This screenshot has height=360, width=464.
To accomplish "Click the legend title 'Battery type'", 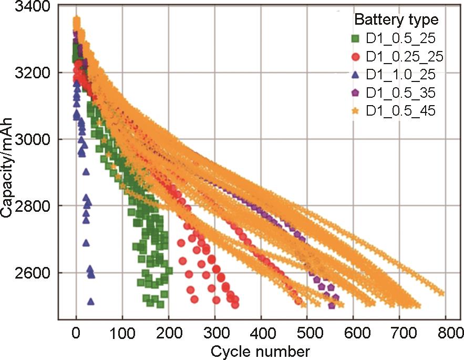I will pyautogui.click(x=396, y=20).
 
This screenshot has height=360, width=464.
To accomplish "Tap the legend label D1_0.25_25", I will pyautogui.click(x=404, y=57).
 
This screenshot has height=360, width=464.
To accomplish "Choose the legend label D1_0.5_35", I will pyautogui.click(x=400, y=93).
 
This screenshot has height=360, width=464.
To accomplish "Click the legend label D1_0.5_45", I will pyautogui.click(x=400, y=111).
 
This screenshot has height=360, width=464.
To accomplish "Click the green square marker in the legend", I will pyautogui.click(x=356, y=38).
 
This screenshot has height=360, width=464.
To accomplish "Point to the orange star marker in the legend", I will pyautogui.click(x=356, y=111).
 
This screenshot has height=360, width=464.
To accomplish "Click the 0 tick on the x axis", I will pyautogui.click(x=76, y=332).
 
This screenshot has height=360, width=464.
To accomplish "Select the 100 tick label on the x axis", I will pyautogui.click(x=122, y=332).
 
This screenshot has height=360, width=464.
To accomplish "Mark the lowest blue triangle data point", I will pyautogui.click(x=90, y=301).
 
